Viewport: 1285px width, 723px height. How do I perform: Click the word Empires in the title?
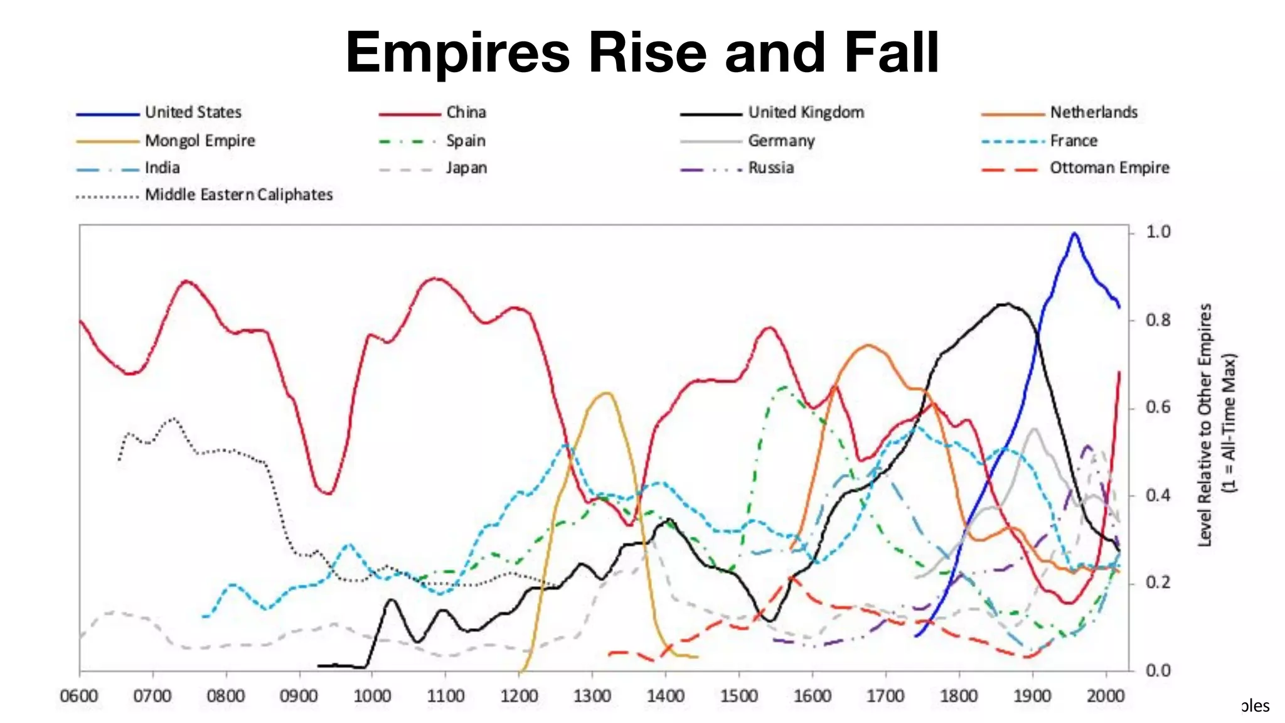click(x=457, y=53)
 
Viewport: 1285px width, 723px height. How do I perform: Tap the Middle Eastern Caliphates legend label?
click(x=238, y=195)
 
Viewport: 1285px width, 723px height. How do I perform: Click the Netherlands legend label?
click(x=1094, y=112)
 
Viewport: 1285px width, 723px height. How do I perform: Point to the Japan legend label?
click(x=466, y=168)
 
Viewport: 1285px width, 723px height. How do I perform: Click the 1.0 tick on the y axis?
click(x=1158, y=232)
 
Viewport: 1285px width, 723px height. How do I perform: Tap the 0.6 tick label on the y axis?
click(x=1158, y=407)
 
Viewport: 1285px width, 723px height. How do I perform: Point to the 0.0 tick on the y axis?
click(x=1158, y=670)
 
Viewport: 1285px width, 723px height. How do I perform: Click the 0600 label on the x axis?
click(x=79, y=696)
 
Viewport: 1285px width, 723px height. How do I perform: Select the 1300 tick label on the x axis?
click(x=592, y=696)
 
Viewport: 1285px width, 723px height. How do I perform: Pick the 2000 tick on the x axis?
click(x=1105, y=696)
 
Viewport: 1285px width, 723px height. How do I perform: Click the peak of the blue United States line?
click(x=1074, y=233)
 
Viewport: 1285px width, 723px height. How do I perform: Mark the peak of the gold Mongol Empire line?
click(x=606, y=393)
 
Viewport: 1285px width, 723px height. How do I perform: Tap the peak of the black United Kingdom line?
click(x=1006, y=304)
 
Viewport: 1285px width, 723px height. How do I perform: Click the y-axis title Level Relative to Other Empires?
click(x=1205, y=425)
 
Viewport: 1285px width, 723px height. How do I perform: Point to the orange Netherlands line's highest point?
click(x=868, y=345)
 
